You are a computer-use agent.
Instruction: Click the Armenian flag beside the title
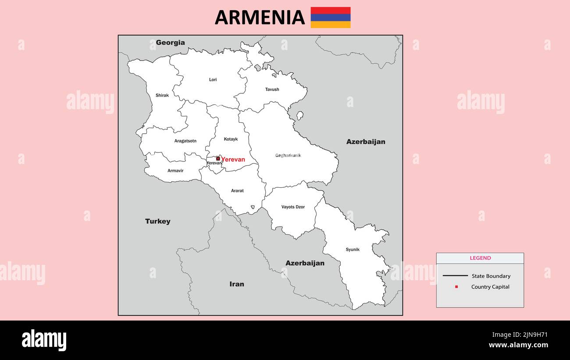coord(330,18)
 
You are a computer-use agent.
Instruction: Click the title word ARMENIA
coord(260,18)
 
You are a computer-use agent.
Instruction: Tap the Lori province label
coord(213,80)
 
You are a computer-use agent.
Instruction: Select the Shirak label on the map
coord(162,95)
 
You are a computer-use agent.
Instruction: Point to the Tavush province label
coord(272,89)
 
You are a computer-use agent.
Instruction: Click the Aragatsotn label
coord(185,141)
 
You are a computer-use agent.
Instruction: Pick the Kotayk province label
coord(231,139)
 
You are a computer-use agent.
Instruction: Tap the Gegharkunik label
coord(288,155)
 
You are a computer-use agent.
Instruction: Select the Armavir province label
coord(175,171)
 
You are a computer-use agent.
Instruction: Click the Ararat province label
coord(237,191)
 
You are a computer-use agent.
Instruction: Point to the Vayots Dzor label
coord(293,207)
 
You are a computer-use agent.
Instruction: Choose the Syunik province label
coord(352,250)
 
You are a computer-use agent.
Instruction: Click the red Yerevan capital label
coord(233,159)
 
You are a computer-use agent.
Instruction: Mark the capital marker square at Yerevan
coord(218,159)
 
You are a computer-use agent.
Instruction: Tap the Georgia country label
coord(170,43)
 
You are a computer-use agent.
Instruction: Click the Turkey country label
coord(157,221)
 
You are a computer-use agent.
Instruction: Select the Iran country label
coord(236,284)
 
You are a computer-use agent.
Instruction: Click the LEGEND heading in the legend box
coord(480,258)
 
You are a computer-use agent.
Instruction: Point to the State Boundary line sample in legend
coord(455,276)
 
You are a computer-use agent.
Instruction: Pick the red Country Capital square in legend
coord(456,287)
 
